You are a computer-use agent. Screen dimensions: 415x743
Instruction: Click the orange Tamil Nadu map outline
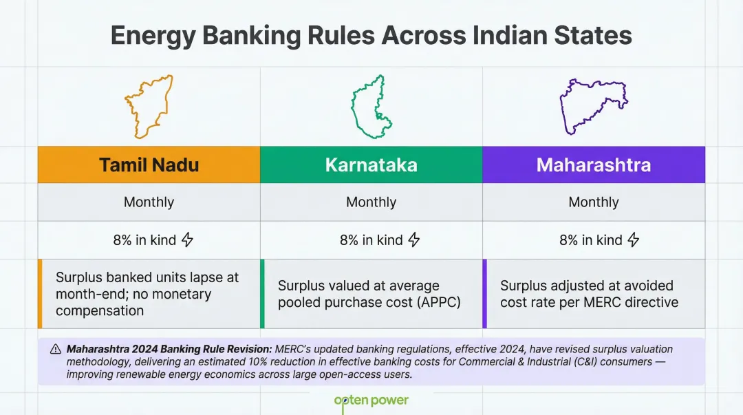tap(149, 107)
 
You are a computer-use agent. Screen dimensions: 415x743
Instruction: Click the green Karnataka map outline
tap(371, 107)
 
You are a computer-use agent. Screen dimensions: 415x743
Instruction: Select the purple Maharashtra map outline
tap(593, 107)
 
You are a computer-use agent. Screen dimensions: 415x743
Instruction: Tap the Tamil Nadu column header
tap(149, 165)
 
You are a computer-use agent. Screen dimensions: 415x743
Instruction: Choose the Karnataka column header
tap(371, 165)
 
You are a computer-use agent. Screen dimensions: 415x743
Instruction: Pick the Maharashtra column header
tap(593, 165)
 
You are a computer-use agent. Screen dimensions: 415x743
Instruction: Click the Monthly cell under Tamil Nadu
tap(149, 202)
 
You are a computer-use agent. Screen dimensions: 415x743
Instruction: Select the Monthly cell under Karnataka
tap(371, 202)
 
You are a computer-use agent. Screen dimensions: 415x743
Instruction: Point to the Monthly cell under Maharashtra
tap(593, 202)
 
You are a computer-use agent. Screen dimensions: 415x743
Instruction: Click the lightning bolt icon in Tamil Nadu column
tap(187, 240)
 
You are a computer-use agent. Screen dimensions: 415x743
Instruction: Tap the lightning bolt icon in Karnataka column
tap(413, 240)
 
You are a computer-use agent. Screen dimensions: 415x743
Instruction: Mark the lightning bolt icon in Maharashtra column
tap(634, 240)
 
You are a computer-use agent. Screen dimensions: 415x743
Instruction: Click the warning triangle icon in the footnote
tap(56, 350)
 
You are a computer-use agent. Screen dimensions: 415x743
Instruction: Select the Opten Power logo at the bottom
tap(371, 401)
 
